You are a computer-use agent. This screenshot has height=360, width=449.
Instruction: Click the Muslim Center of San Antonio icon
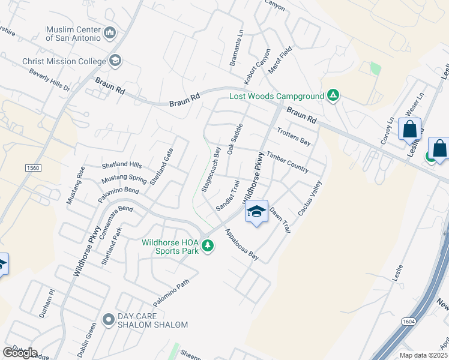click(110, 32)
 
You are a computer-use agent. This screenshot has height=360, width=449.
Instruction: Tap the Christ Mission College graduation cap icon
click(115, 61)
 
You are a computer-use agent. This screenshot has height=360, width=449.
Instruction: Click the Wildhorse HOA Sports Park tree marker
click(208, 246)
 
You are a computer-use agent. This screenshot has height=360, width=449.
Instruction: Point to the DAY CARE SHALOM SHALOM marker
click(109, 319)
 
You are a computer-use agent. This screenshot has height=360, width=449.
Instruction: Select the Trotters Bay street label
click(294, 136)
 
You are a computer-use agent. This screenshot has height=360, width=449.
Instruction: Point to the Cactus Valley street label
click(310, 199)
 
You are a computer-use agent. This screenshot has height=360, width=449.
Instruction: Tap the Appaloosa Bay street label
click(242, 245)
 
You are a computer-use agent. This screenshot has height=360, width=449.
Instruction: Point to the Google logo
click(20, 352)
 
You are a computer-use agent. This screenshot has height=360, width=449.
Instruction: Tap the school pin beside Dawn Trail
click(256, 212)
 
